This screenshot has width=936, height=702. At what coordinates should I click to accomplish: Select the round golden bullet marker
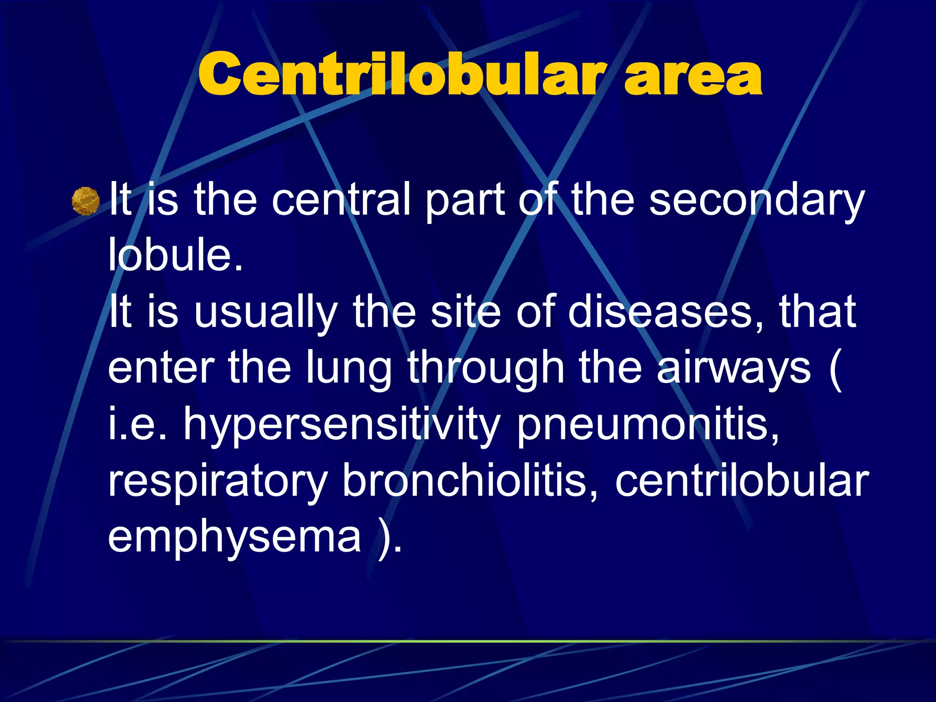coord(86,201)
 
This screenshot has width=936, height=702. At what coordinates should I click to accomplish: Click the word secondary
coord(756,200)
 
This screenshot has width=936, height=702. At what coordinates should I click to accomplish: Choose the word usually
coord(266,313)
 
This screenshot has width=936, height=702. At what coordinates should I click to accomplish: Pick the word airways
coord(734,368)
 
